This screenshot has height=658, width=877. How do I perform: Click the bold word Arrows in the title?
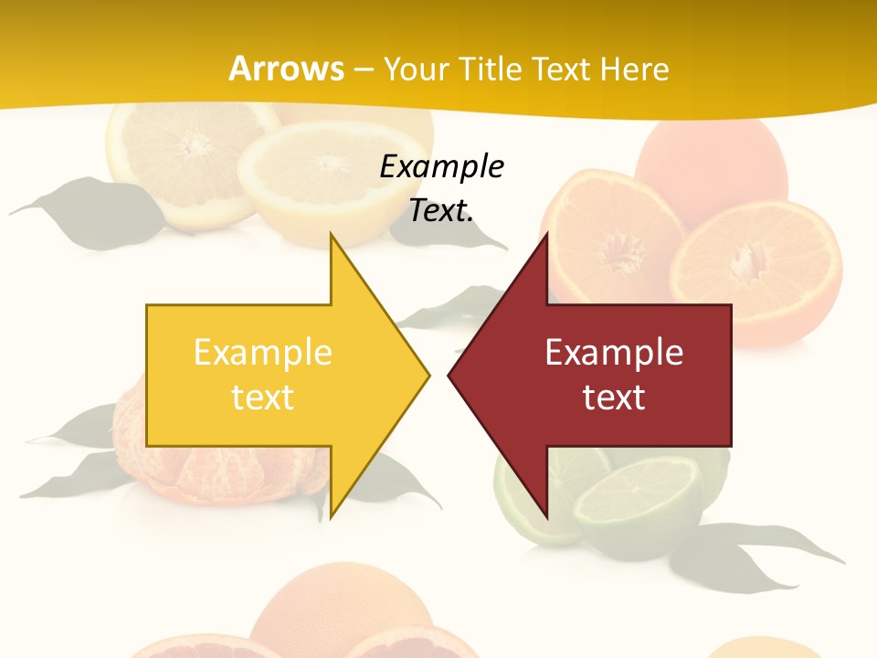286,69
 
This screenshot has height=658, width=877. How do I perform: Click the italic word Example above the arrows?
441,167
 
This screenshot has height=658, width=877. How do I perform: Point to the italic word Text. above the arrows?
441,211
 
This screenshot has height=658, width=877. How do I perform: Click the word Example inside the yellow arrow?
262,353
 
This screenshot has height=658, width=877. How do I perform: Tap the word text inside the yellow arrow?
262,398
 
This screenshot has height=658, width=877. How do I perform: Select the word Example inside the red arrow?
614,353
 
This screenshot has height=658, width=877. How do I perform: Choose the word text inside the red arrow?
614,398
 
